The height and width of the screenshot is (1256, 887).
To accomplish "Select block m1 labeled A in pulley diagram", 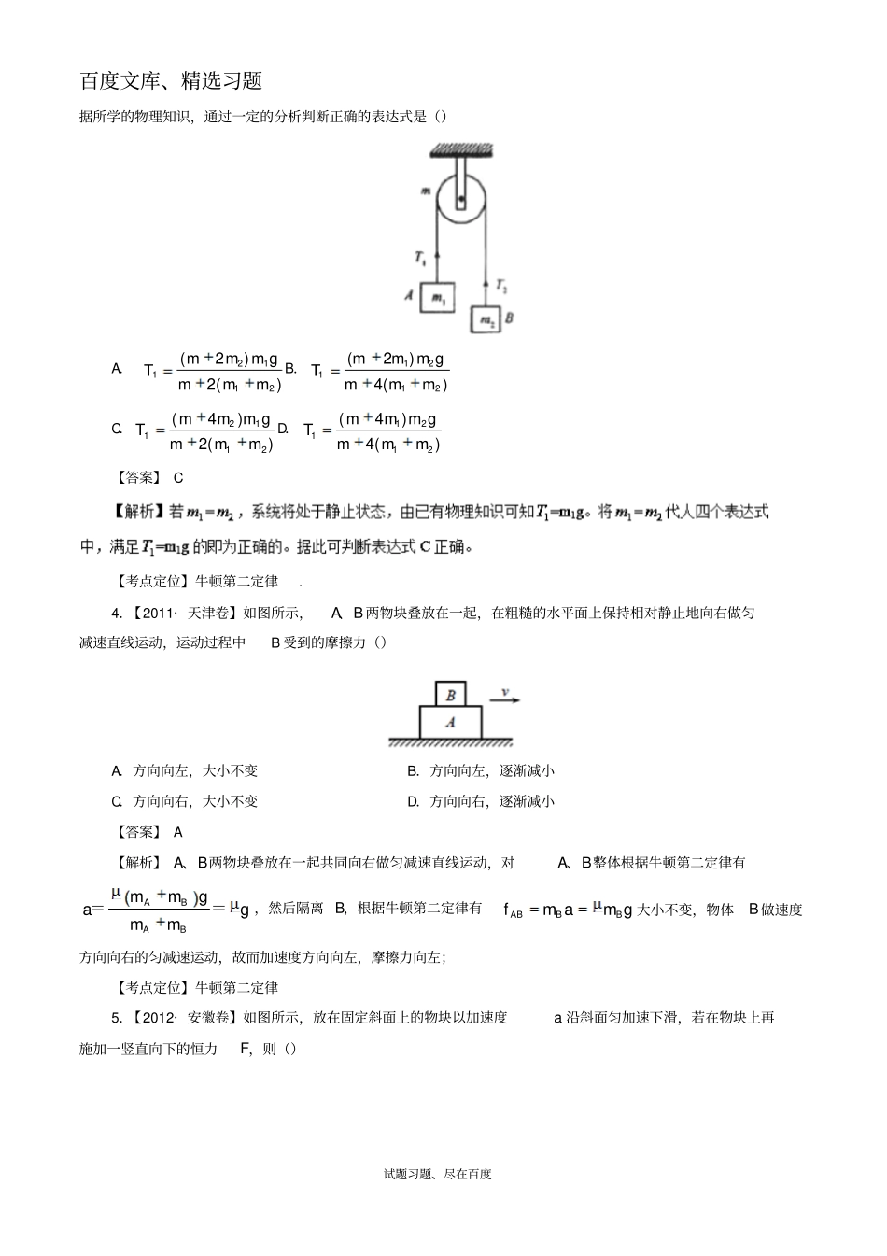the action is click(437, 297).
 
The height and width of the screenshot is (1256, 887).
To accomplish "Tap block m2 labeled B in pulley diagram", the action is click(487, 319).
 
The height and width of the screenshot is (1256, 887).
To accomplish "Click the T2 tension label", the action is click(501, 285).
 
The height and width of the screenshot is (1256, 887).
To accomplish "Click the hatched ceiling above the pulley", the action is click(460, 149).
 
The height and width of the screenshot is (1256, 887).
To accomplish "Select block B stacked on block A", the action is click(451, 694).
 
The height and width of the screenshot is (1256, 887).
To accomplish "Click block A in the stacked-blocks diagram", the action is click(451, 722).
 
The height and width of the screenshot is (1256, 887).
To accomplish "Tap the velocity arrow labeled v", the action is click(505, 697).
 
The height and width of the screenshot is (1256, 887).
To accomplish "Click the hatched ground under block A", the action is click(451, 743).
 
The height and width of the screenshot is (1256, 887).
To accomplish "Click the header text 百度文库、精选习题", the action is click(171, 81).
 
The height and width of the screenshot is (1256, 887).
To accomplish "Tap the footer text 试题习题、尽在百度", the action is click(437, 1174).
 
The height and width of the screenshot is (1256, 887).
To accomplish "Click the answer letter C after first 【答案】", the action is click(178, 477).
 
